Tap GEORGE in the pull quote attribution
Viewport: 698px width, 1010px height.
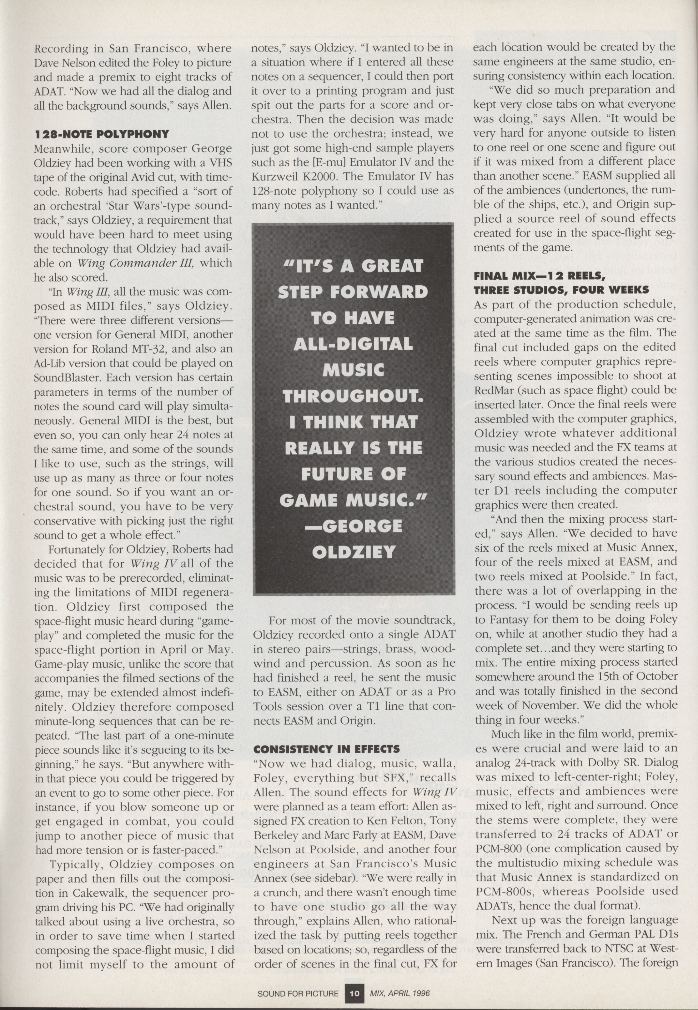[359, 526]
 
